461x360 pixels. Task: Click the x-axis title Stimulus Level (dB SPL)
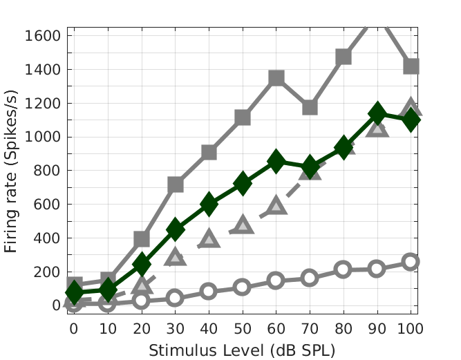tap(242, 350)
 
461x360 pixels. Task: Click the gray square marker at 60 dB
tap(276, 78)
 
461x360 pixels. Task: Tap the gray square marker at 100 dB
tap(411, 66)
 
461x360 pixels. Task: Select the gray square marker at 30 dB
tap(176, 184)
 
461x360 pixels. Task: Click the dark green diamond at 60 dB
tap(276, 162)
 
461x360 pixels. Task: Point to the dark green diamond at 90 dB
tap(377, 113)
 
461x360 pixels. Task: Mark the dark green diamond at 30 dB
tap(176, 229)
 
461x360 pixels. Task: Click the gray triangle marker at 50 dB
tap(243, 225)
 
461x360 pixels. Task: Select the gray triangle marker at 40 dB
tap(209, 238)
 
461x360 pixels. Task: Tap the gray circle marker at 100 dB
tap(411, 261)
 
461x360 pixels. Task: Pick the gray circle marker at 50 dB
tap(242, 287)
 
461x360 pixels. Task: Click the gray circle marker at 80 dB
tap(344, 269)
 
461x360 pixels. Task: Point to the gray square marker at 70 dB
tap(310, 107)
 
